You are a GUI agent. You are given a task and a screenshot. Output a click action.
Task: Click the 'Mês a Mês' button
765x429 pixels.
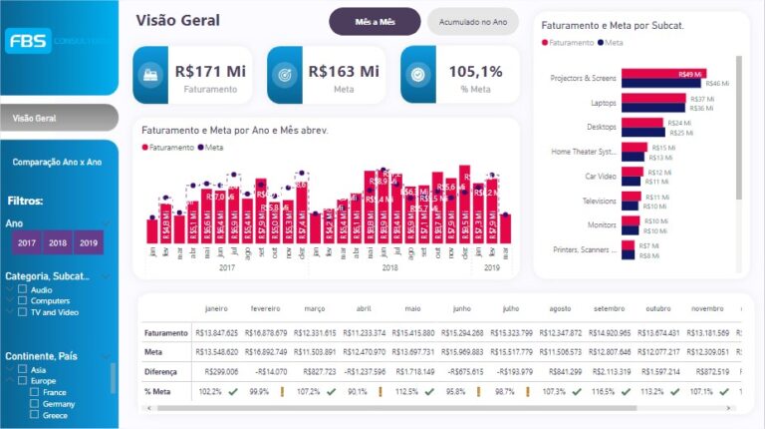coord(375,22)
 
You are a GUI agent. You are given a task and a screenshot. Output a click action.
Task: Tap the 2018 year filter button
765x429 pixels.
coord(58,242)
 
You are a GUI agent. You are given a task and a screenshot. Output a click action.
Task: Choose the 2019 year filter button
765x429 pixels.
coord(89,242)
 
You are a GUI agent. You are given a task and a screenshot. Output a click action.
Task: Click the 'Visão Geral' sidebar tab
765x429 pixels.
coord(59,118)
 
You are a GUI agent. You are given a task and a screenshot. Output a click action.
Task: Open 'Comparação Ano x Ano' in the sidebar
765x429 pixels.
coord(58,162)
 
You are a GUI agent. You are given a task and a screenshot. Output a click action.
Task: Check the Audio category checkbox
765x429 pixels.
coord(24,289)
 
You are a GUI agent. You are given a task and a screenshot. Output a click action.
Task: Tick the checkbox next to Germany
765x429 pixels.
coord(35,403)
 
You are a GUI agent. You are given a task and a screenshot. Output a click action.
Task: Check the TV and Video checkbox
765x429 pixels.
coord(24,311)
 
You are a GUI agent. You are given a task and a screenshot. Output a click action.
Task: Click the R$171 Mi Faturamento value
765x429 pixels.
coord(209,71)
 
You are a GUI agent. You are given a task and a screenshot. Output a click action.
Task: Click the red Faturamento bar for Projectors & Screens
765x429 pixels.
coord(663,74)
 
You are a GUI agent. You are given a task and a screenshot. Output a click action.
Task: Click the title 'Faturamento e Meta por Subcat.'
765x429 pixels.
coord(612,25)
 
